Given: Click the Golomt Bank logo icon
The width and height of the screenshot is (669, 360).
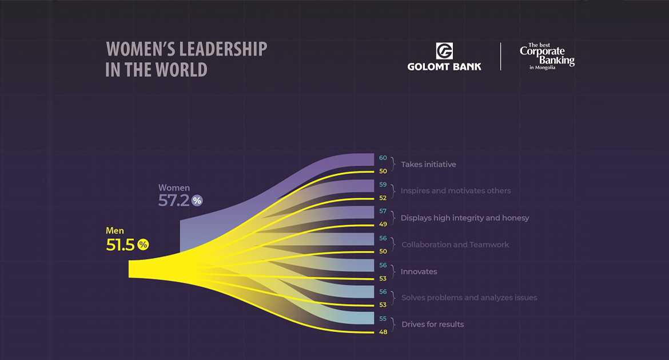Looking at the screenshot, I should click(x=444, y=51).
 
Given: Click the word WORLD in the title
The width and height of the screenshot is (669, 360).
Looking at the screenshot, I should click(x=183, y=70).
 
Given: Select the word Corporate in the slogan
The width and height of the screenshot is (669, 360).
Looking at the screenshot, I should click(x=542, y=52).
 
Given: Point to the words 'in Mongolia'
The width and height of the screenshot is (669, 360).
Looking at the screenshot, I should click(x=542, y=67).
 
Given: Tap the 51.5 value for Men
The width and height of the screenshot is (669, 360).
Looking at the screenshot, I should click(x=121, y=245).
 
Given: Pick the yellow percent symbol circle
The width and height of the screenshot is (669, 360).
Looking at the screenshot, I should click(x=143, y=245).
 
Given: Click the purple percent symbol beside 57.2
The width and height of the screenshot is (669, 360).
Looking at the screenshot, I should click(x=197, y=201).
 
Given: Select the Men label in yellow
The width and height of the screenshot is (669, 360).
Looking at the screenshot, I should click(x=115, y=231).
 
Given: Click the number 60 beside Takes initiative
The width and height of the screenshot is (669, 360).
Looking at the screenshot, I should click(x=383, y=158).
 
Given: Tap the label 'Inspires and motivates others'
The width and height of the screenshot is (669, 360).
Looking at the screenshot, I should click(x=456, y=191).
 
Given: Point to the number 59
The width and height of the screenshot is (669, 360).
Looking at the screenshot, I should click(x=383, y=185).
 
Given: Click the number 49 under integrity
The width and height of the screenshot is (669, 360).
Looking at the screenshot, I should click(x=383, y=225).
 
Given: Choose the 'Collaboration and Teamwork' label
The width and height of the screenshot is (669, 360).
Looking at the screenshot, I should click(x=455, y=245).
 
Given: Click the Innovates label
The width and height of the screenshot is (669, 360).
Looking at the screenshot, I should click(x=419, y=271).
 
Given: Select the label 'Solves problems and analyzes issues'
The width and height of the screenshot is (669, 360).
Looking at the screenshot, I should click(x=469, y=298).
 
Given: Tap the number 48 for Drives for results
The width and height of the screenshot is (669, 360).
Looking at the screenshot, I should click(x=383, y=331).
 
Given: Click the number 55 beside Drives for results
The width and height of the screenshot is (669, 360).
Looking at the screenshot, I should click(x=383, y=318).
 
